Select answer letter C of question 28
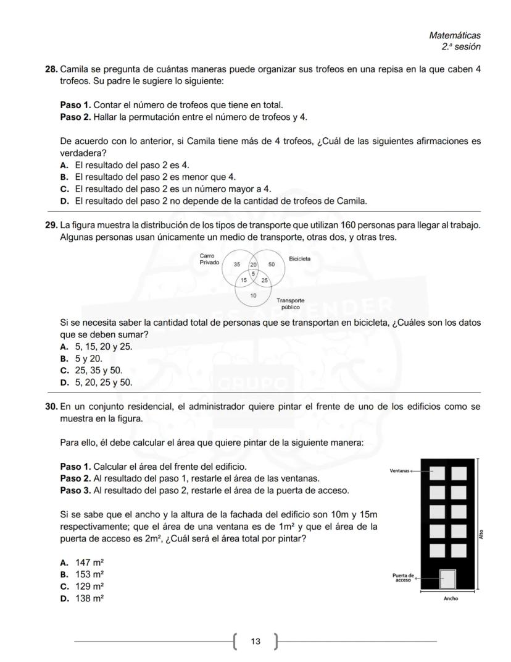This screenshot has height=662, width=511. point(64,189)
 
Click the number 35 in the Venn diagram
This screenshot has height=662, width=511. point(237,264)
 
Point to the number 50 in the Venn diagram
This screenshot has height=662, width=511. point(272,264)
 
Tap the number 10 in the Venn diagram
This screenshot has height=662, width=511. point(253,295)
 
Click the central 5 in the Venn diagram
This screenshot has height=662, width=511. point(254,273)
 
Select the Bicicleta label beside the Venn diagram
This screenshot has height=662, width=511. point(299,259)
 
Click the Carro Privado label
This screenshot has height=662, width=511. point(209,259)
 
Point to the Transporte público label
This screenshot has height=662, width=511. point(290,303)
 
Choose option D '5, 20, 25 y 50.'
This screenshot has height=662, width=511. point(103,382)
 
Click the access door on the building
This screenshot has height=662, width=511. point(447,579)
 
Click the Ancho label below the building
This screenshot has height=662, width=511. point(451,598)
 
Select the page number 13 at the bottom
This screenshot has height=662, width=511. point(255,642)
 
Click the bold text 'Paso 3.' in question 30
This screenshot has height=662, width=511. point(75,490)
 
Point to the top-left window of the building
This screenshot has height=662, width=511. point(437,473)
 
